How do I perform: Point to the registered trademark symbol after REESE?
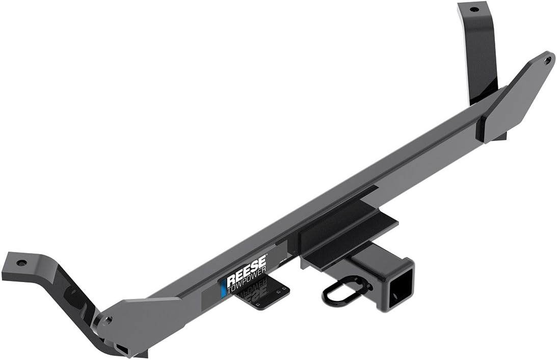[x=265, y=268]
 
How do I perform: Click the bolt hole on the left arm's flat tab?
[x=21, y=263]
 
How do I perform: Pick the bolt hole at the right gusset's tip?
[x=548, y=60]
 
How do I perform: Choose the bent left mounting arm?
[x=56, y=290]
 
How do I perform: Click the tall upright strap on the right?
[x=479, y=51]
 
